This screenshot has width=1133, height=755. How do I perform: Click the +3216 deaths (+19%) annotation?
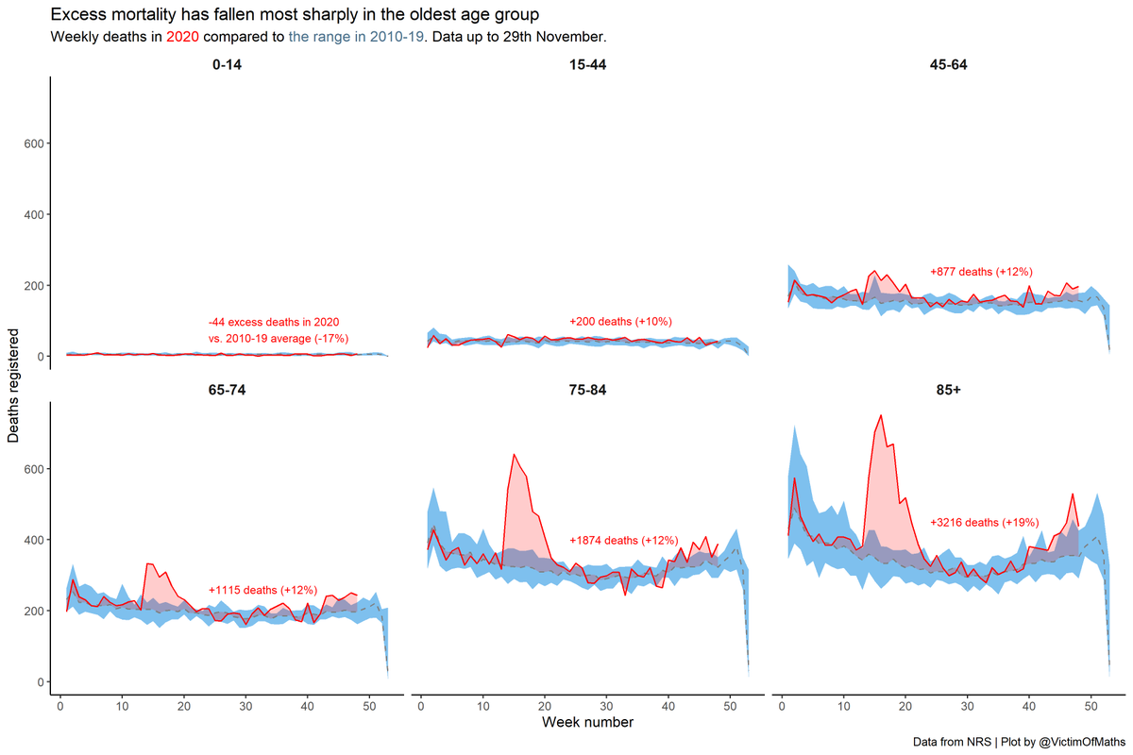(x=984, y=522)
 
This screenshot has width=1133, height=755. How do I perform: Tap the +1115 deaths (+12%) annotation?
(x=262, y=590)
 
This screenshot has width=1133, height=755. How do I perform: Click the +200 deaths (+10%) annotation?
(x=620, y=322)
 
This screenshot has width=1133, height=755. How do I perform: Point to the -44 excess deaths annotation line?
(x=274, y=322)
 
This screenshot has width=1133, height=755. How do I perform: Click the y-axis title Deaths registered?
(x=14, y=385)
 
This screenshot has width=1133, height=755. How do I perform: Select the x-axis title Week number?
(x=587, y=723)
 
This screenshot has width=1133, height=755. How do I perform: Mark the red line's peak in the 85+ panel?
(x=881, y=415)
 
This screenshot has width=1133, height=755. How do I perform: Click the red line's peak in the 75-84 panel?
(x=514, y=455)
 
